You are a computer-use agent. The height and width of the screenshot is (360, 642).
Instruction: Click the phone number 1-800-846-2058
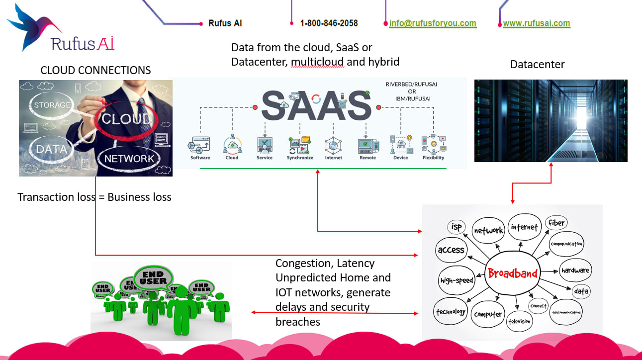tap(329, 23)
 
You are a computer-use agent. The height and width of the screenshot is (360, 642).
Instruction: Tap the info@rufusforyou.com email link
tap(432, 23)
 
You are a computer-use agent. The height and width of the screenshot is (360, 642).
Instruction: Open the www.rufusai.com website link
tap(536, 23)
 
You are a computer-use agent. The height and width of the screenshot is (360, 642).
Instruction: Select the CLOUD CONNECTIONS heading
tap(95, 70)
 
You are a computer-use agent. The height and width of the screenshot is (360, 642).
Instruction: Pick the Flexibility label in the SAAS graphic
tap(434, 158)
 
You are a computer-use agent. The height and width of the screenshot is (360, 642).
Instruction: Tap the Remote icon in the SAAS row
tap(368, 145)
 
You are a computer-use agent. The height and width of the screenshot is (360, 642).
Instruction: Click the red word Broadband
tap(512, 273)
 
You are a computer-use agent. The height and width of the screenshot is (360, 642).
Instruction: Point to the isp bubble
tap(457, 227)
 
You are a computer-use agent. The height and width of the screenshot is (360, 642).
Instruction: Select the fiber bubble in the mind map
tap(556, 223)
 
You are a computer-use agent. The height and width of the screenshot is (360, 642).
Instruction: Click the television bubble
tap(519, 321)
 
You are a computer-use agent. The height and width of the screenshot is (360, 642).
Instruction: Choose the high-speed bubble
tap(456, 280)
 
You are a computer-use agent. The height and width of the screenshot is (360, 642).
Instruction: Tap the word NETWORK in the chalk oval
tap(129, 159)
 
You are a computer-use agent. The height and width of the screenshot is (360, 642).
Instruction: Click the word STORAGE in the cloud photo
tap(52, 105)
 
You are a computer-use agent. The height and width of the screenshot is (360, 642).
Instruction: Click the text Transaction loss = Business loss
tap(94, 197)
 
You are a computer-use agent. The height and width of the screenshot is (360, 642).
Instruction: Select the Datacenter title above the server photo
tap(538, 64)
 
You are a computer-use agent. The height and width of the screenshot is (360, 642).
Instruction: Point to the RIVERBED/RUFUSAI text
tap(408, 84)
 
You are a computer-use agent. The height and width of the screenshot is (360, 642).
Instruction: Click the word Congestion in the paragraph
tap(303, 263)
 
